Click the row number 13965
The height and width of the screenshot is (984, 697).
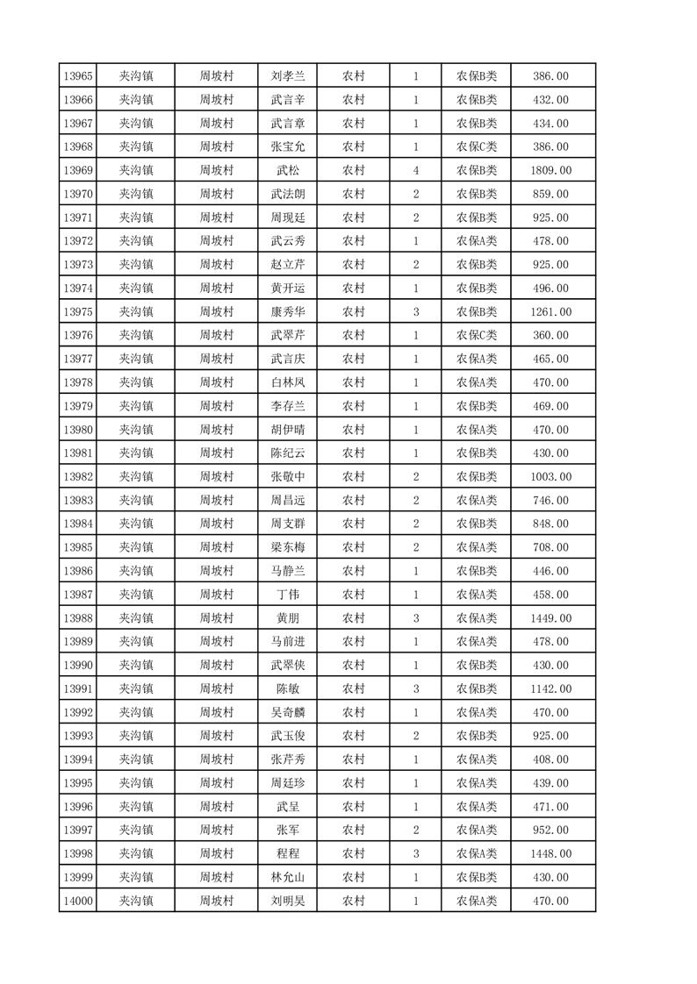click(x=77, y=76)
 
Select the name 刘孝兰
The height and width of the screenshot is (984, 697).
click(x=288, y=76)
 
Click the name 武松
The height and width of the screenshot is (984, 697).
click(x=288, y=170)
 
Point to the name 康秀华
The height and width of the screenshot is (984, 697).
click(x=288, y=311)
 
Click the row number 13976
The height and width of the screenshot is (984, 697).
click(x=77, y=335)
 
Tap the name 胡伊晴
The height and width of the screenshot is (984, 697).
click(x=288, y=430)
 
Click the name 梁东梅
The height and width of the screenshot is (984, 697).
click(x=288, y=547)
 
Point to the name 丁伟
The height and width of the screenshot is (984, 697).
click(x=288, y=595)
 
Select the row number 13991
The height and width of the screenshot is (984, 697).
click(x=77, y=688)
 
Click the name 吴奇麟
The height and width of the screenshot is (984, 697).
click(x=288, y=712)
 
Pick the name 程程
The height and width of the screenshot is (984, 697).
click(x=288, y=854)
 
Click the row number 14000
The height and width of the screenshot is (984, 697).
click(x=77, y=901)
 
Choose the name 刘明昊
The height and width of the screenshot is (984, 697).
click(x=288, y=901)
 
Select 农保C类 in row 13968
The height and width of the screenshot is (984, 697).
click(x=477, y=146)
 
